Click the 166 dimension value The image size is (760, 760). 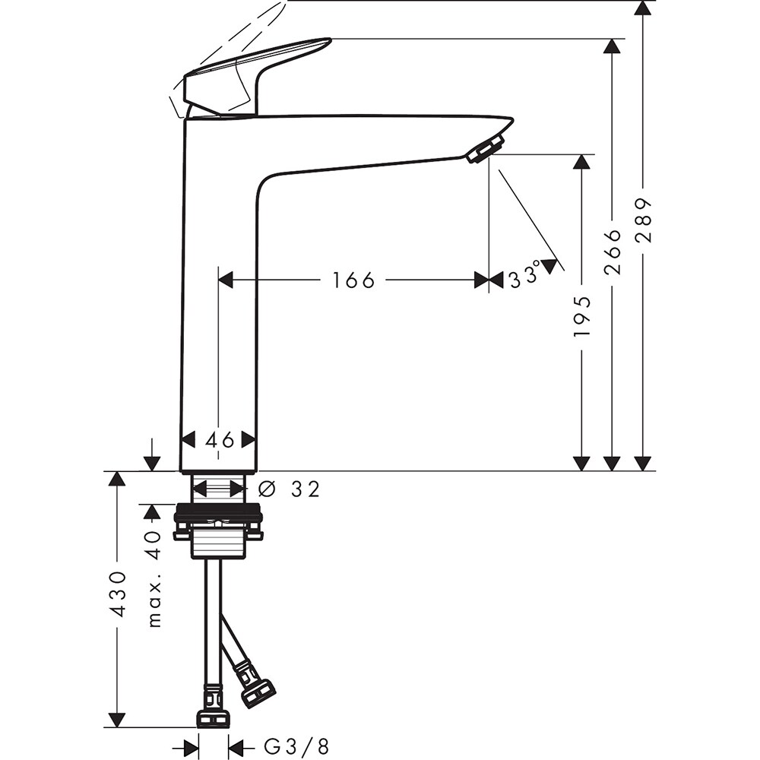point(353,280)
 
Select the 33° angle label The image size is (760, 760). point(524,275)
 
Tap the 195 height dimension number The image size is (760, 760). point(582,316)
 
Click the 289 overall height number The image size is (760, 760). point(644,220)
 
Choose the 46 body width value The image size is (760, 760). point(218,439)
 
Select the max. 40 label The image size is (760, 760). point(154,578)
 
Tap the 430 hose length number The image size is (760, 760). point(118,594)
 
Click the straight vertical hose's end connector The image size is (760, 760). point(213,717)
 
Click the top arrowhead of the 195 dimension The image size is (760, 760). point(582,161)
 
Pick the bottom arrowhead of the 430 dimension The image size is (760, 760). point(116,719)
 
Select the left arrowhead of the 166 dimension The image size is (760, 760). point(225,280)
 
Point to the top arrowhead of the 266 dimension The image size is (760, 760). point(613,46)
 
